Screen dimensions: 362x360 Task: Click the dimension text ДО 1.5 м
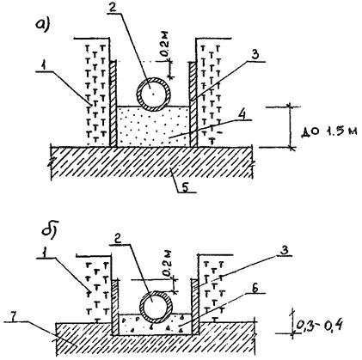pyautogui.click(x=329, y=132)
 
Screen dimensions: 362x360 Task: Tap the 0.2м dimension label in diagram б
pyautogui.click(x=167, y=263)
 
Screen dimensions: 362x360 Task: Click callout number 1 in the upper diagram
pyautogui.click(x=43, y=66)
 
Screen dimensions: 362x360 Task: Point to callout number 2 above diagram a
pyautogui.click(x=113, y=7)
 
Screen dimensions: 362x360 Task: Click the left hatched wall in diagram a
pyautogui.click(x=114, y=103)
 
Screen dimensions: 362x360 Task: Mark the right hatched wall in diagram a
pyautogui.click(x=193, y=104)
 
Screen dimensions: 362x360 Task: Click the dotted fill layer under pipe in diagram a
pyautogui.click(x=153, y=126)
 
